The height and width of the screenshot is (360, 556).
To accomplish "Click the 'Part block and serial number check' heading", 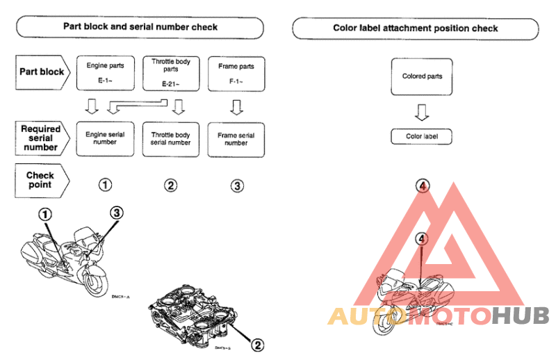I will click(x=140, y=27).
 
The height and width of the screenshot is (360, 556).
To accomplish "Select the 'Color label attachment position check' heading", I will click(x=415, y=28).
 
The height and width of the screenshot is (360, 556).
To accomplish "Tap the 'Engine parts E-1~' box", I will click(x=106, y=73).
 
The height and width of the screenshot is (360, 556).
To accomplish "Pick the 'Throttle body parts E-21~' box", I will click(x=171, y=73).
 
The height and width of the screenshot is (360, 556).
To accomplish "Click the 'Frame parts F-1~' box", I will click(x=236, y=73).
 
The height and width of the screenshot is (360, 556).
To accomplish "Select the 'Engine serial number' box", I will click(x=106, y=138).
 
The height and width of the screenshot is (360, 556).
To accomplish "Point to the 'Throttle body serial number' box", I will click(x=171, y=138).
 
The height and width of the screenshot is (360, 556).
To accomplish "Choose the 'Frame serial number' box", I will click(x=236, y=138).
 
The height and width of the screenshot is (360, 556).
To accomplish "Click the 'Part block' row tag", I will click(x=41, y=72).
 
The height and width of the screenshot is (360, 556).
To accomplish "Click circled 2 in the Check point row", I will click(x=171, y=185).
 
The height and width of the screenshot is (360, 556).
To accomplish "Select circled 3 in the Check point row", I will click(x=237, y=185).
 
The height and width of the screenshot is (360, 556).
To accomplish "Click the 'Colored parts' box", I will click(x=422, y=76).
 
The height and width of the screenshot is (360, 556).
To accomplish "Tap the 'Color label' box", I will click(x=422, y=136).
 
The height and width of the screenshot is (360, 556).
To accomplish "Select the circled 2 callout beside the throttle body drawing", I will click(x=257, y=343).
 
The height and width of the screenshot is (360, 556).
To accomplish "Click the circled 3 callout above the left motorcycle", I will click(x=116, y=213).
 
